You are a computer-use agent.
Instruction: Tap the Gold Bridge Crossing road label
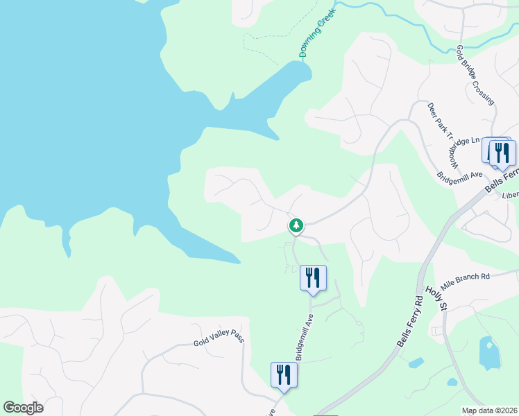point(475,76)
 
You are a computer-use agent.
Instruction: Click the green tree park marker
point(296,225)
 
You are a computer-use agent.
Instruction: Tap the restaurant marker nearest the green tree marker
point(313,278)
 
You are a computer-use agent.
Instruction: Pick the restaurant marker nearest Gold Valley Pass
point(284,374)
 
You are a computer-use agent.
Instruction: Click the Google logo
point(23,408)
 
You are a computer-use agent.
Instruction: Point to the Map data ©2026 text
point(488,410)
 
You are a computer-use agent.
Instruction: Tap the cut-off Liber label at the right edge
point(510,195)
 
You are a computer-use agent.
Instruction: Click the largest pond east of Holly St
point(488,353)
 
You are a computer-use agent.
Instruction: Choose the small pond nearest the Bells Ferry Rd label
point(416,363)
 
